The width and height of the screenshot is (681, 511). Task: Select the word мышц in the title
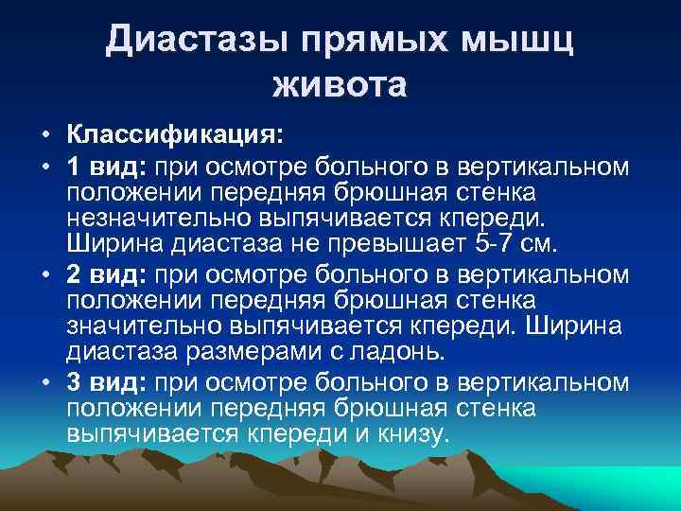[525, 42]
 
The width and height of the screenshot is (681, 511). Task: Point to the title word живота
[340, 86]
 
